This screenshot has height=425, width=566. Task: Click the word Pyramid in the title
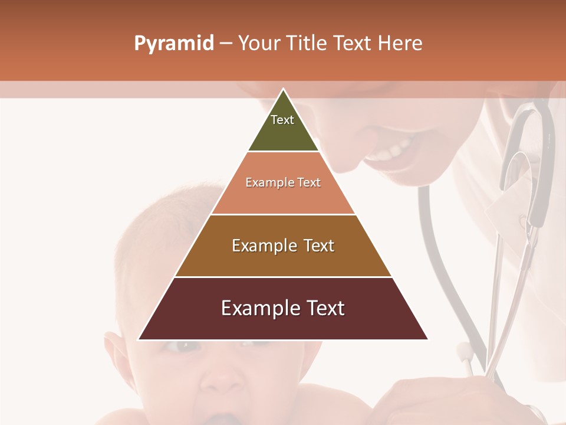point(173,44)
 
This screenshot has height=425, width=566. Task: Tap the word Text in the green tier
point(282,120)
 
